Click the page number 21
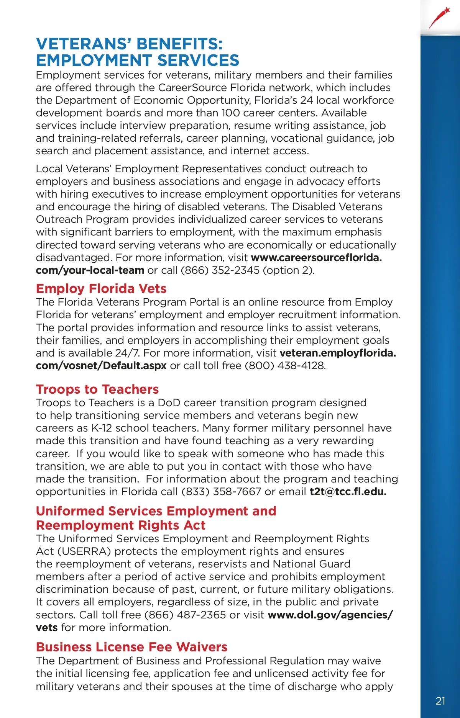pos(440,700)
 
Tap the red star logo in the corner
pos(440,17)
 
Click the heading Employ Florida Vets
pos(101,288)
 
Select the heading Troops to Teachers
pos(97,389)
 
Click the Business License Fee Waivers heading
pos(131,647)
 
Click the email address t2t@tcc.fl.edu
pos(348,492)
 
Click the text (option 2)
pos(289,270)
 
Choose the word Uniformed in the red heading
pos(71,511)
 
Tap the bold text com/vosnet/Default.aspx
pos(101,366)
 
